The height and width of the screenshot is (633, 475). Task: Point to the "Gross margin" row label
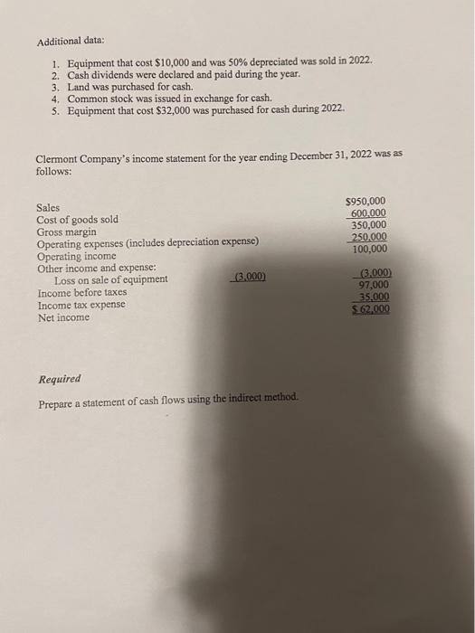pos(67,231)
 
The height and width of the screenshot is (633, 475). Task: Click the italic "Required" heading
pos(59,379)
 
